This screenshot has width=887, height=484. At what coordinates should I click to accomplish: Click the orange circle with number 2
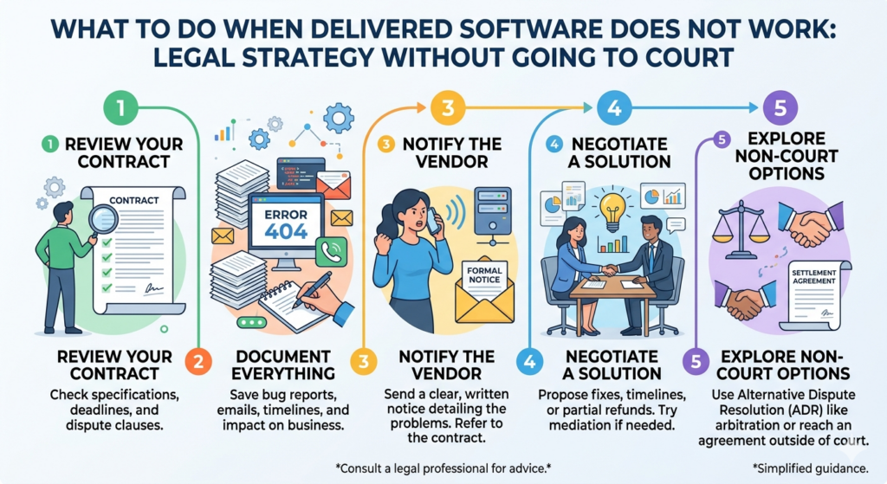198,361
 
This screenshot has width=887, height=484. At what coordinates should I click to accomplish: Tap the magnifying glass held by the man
102,219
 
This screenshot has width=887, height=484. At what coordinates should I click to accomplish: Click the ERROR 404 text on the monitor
286,224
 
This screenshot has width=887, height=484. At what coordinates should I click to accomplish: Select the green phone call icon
331,252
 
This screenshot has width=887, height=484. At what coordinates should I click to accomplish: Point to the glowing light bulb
612,212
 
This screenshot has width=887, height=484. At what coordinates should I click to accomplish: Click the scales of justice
741,231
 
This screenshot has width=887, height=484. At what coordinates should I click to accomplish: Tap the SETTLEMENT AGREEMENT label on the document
814,276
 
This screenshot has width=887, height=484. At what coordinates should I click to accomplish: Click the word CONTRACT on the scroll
133,200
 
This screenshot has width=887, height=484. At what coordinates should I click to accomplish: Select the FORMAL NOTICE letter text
484,274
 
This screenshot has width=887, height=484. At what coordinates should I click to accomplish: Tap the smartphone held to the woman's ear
433,221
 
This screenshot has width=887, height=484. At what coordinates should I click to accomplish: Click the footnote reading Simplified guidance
810,468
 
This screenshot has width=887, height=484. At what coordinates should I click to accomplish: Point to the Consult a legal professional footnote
443,468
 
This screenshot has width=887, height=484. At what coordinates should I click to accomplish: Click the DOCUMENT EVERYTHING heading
283,365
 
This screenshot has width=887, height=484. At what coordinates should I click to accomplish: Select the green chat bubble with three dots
252,322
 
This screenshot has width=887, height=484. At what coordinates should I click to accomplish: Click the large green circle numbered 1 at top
120,107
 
